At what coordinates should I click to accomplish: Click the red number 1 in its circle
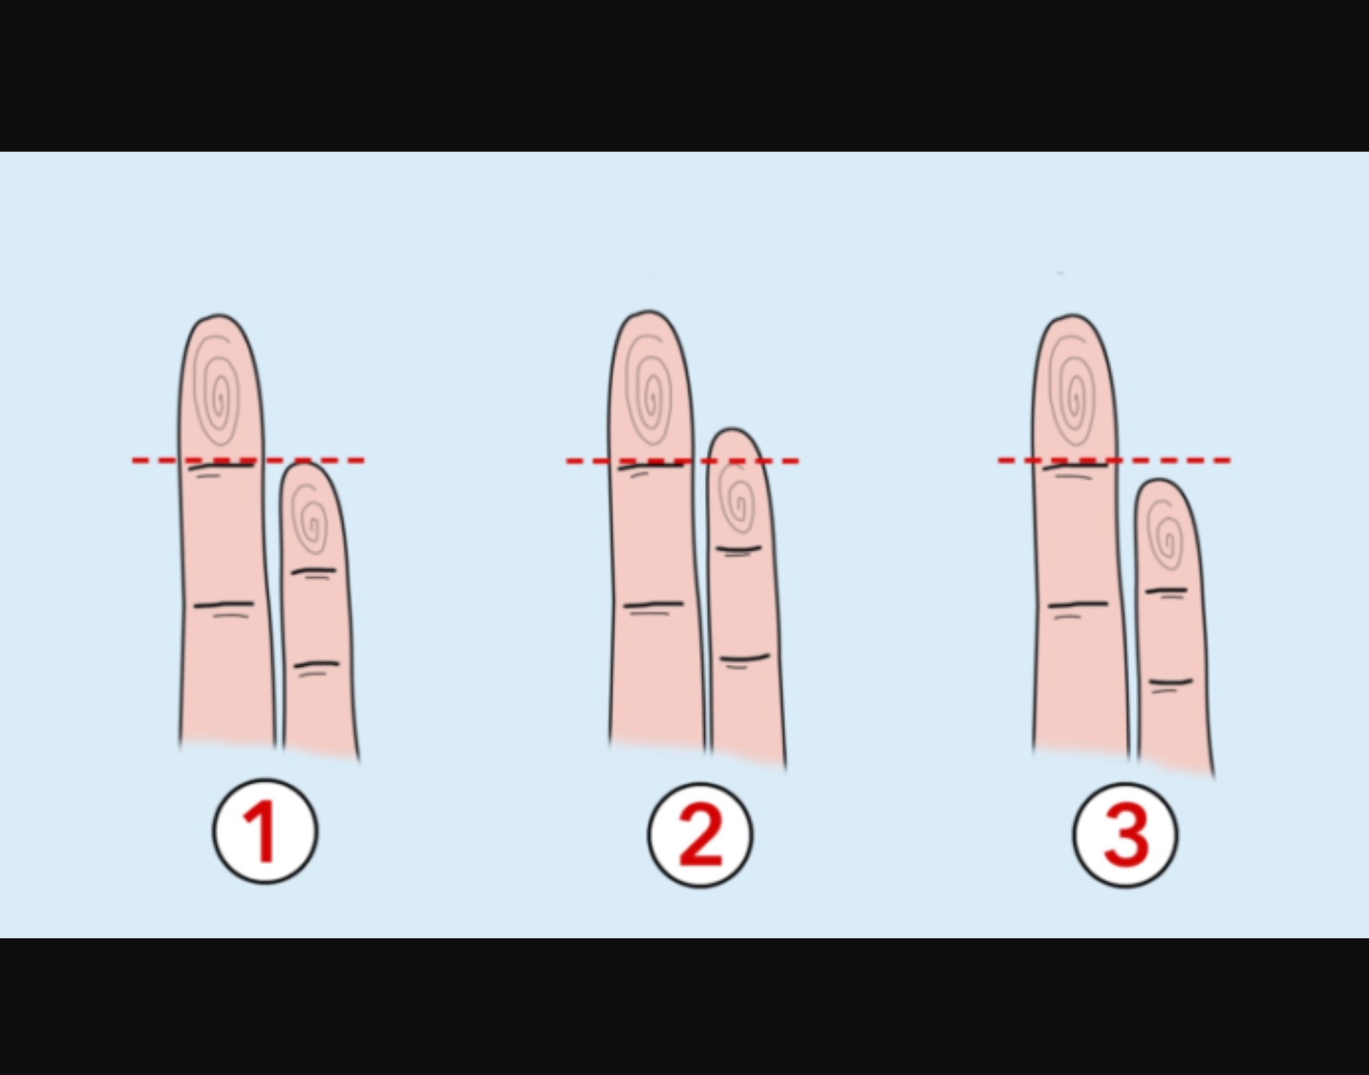(264, 830)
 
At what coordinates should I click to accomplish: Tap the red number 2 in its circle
(700, 835)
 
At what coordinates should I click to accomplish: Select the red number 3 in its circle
(1125, 836)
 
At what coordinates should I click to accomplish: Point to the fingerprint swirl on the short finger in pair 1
(310, 519)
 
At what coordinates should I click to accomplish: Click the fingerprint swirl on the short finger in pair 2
(738, 499)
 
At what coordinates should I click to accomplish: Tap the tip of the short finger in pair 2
(732, 430)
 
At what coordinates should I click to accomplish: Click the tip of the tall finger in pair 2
(649, 312)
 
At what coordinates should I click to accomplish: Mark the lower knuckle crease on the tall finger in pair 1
(224, 605)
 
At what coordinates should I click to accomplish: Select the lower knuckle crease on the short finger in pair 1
(316, 664)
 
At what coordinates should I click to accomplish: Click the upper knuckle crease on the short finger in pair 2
(739, 549)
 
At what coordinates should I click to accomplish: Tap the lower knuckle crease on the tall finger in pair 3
(1078, 605)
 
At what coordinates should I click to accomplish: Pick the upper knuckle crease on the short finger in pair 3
(1166, 591)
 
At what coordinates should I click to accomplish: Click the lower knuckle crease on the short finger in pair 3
(1170, 682)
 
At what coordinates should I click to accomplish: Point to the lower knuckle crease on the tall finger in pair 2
(653, 605)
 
